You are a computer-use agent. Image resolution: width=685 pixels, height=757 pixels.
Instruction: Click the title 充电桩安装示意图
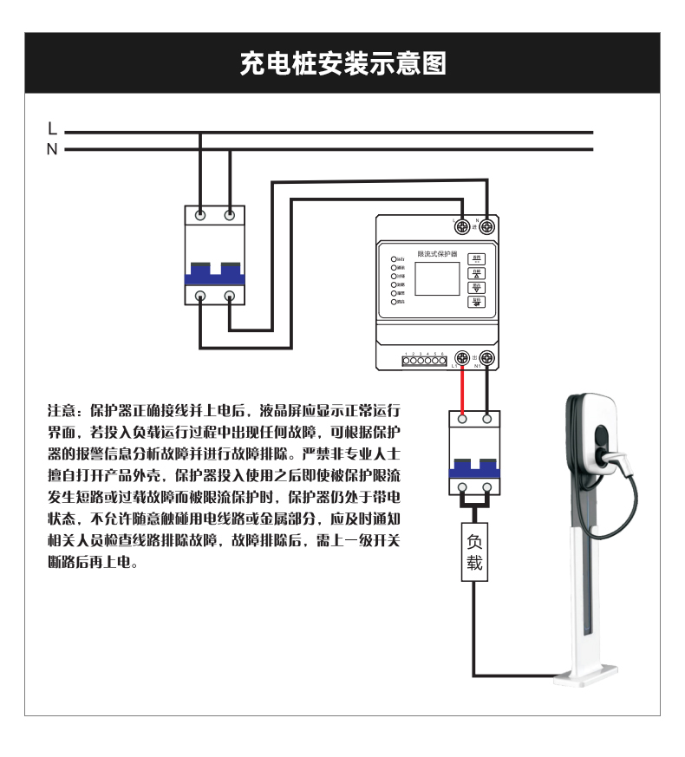(x=342, y=63)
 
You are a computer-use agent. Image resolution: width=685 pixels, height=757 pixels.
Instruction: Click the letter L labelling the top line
(x=52, y=129)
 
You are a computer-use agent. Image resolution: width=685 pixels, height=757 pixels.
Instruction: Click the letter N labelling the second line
(x=52, y=150)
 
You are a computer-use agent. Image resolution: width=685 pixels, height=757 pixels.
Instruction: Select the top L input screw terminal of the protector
(x=464, y=227)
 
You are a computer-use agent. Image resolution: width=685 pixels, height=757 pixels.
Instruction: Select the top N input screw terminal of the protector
(x=487, y=227)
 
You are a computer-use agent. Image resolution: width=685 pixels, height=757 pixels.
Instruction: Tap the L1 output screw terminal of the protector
(x=464, y=357)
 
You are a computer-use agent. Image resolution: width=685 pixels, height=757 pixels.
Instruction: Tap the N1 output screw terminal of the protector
(x=487, y=357)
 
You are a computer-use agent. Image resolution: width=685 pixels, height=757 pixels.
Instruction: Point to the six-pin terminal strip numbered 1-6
(x=424, y=359)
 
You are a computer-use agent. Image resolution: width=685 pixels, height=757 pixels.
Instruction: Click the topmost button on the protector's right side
(x=477, y=258)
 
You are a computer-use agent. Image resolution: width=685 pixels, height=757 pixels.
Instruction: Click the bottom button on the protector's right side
(x=477, y=302)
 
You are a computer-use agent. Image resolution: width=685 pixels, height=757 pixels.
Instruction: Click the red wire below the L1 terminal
(x=464, y=390)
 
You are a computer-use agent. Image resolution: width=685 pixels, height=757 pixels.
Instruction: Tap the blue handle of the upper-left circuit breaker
(x=214, y=278)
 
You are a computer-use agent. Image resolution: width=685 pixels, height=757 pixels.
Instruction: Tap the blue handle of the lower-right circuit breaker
(x=474, y=473)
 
